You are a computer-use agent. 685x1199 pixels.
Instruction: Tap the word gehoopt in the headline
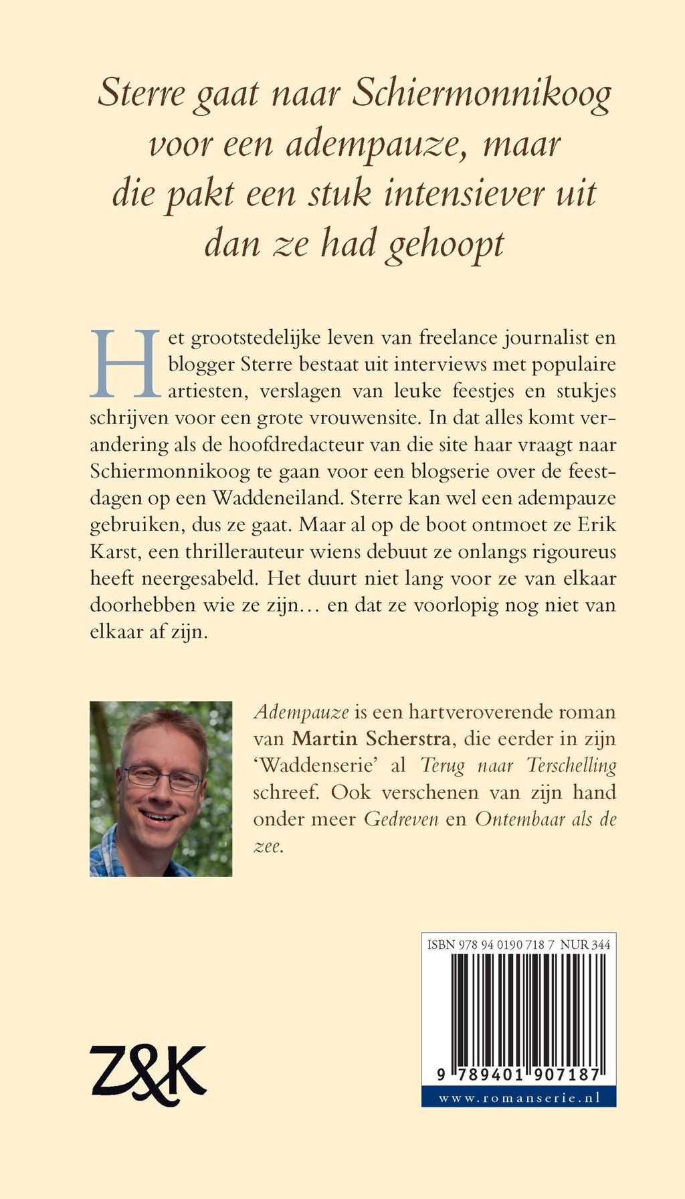pyautogui.click(x=446, y=245)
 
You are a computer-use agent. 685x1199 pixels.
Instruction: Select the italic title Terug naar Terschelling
pyautogui.click(x=518, y=765)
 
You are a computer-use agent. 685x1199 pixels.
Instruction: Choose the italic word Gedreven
pyautogui.click(x=401, y=819)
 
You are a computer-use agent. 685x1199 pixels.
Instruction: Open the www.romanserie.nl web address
pyautogui.click(x=518, y=1098)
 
